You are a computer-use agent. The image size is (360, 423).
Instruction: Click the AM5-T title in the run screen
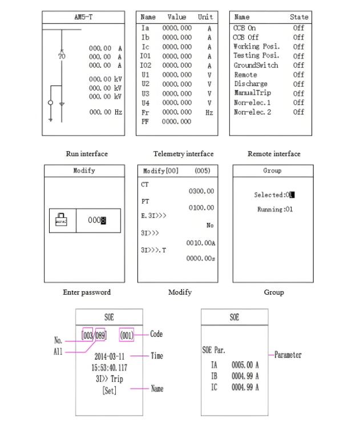click(x=83, y=17)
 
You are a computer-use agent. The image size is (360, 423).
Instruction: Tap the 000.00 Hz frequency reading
click(x=106, y=112)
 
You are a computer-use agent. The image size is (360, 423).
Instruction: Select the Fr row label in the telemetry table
click(x=144, y=112)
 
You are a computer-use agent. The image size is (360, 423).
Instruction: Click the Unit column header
click(x=205, y=17)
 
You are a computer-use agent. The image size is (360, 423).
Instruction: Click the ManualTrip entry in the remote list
click(x=252, y=93)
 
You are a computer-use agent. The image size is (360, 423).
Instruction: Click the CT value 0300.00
click(x=201, y=192)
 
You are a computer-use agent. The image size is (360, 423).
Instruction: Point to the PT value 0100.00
click(x=201, y=208)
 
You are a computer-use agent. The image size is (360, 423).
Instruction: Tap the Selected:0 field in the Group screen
click(x=274, y=195)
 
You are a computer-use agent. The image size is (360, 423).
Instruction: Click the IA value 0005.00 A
click(x=245, y=367)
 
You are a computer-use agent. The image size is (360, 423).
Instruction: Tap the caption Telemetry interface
click(x=184, y=154)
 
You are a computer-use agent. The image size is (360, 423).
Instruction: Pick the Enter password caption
click(x=87, y=292)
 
